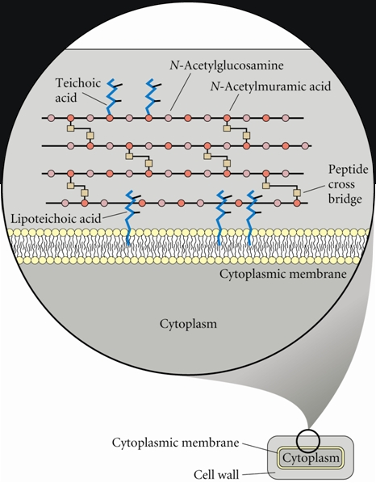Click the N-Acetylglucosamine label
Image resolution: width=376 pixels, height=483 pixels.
click(227, 65)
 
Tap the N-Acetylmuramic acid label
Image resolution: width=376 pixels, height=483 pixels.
click(271, 86)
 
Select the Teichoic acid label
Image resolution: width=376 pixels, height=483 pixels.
click(78, 90)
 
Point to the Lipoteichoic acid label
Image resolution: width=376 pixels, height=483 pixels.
click(56, 218)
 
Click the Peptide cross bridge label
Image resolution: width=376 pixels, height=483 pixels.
click(348, 184)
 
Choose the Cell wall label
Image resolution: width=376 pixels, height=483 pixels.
click(216, 475)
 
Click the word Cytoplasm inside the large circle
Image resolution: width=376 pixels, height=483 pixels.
click(188, 324)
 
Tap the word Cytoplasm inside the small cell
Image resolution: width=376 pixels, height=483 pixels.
click(311, 458)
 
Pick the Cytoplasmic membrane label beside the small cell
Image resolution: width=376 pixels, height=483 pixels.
click(175, 443)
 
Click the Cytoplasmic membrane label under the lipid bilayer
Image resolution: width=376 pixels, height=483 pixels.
click(282, 274)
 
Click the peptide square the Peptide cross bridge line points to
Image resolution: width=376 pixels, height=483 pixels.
click(297, 193)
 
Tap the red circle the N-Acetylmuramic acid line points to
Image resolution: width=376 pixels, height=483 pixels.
click(227, 118)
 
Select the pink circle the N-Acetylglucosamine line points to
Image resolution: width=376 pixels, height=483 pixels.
click(169, 118)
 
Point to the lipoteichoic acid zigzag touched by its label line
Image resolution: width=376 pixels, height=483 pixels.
click(128, 216)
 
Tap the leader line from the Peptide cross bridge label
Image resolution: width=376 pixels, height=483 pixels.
click(314, 189)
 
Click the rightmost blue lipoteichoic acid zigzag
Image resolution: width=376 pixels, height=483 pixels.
click(252, 217)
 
